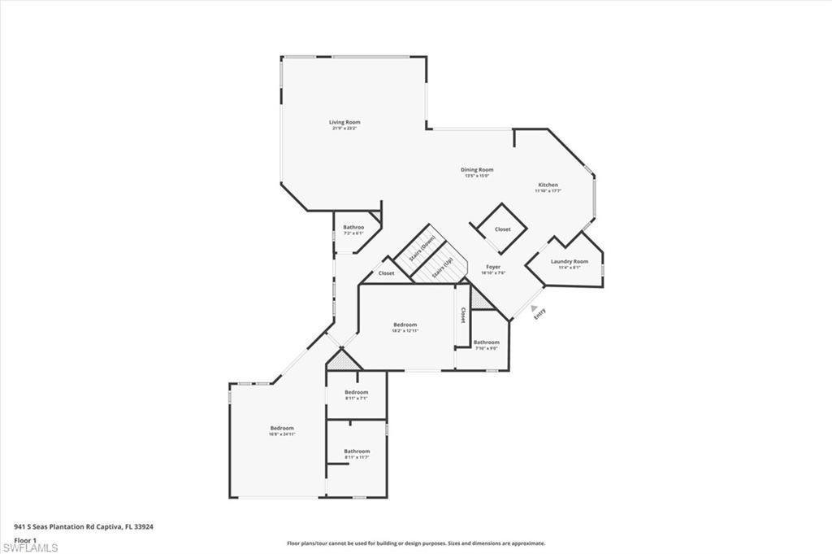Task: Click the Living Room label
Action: click(x=344, y=123)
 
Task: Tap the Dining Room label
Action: click(x=479, y=170)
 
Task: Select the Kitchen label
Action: click(x=547, y=185)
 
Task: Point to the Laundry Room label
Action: click(x=569, y=262)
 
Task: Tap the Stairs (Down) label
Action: click(x=422, y=246)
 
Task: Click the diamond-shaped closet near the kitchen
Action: click(x=503, y=229)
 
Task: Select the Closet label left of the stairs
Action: click(x=386, y=273)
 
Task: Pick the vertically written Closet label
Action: click(x=463, y=314)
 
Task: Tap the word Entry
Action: click(x=539, y=314)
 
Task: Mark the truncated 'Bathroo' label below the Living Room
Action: click(x=353, y=228)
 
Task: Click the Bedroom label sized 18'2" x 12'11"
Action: click(x=405, y=325)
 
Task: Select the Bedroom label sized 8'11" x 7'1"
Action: click(x=356, y=393)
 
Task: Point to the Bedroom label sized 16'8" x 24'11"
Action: click(x=282, y=429)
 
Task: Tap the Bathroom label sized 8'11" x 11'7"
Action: click(x=356, y=451)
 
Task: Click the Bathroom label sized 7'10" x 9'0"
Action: click(x=486, y=343)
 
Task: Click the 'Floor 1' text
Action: click(x=26, y=540)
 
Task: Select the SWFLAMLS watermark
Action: click(x=31, y=548)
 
